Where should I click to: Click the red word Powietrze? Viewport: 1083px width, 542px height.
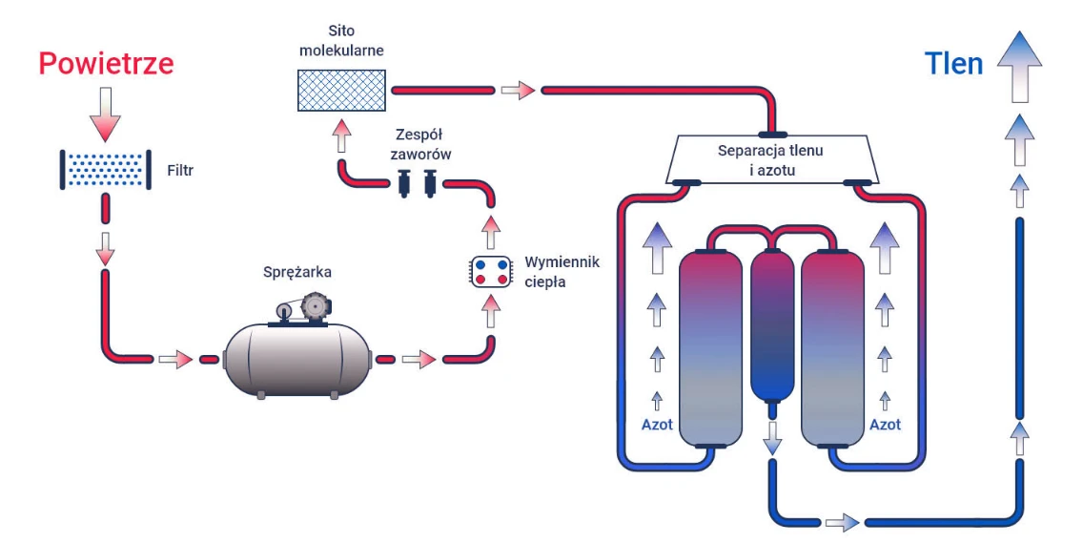point(106,64)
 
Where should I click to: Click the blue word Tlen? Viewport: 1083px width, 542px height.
point(953,64)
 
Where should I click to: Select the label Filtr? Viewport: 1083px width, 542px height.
point(180,173)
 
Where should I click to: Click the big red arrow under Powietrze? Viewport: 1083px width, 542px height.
point(106,115)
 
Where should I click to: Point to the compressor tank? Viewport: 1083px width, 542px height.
point(296,360)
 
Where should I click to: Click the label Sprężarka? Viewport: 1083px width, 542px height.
point(297,272)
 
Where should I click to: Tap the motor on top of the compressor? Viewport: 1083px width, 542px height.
point(312,307)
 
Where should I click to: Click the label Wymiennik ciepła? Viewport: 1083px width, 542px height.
point(562,271)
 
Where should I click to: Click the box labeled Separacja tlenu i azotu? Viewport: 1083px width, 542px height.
point(771,159)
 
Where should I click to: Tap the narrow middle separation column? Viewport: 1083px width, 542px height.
point(772,324)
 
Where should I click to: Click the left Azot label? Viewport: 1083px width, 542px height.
point(657,424)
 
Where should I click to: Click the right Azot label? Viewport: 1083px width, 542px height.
point(886,424)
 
